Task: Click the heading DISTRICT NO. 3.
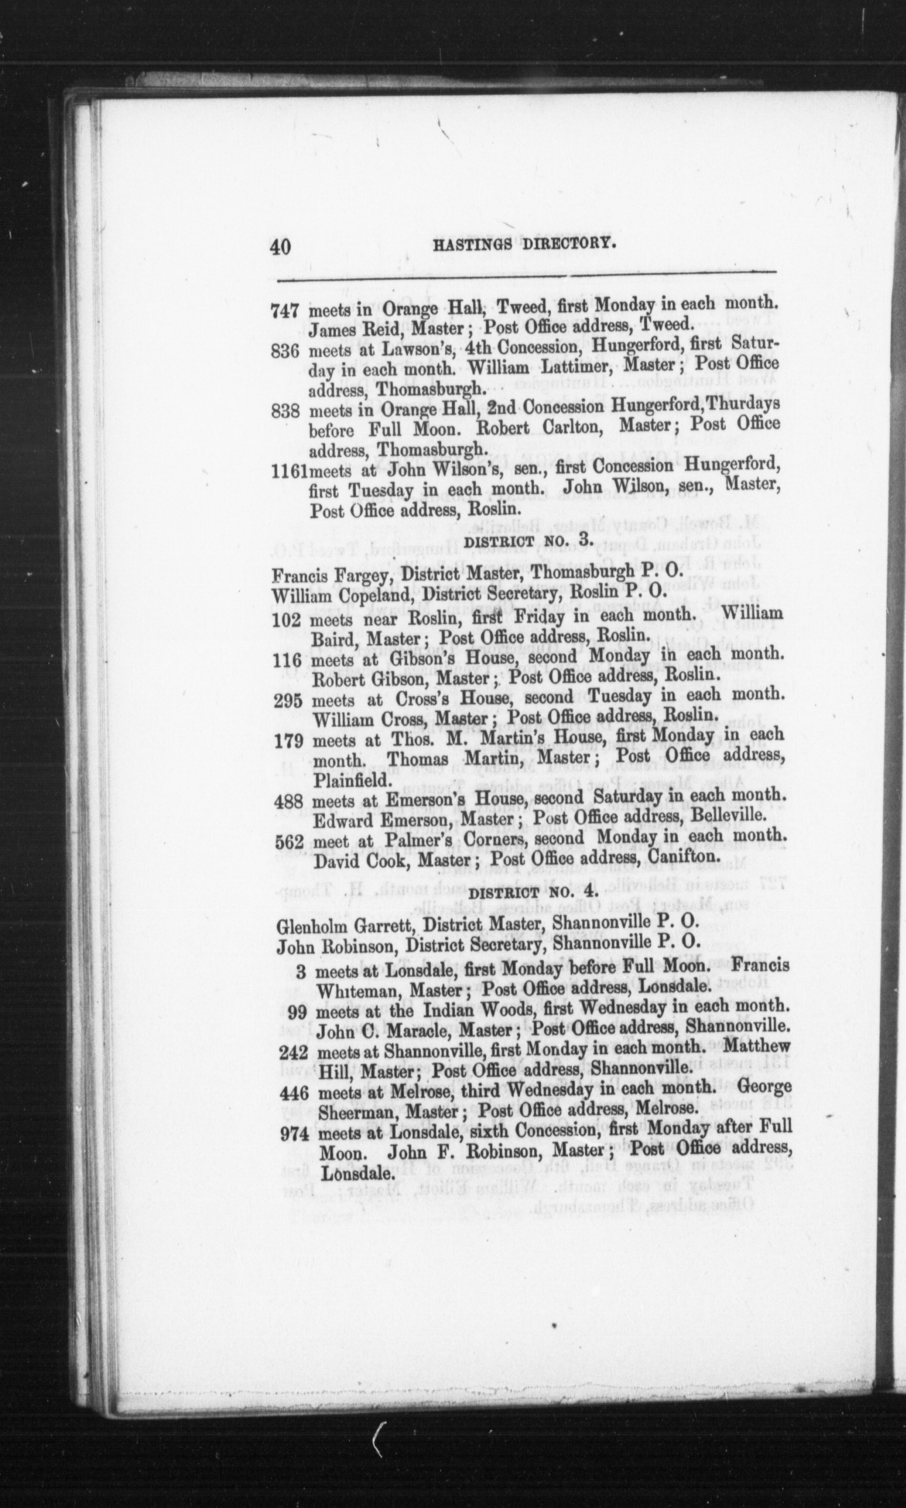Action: click(522, 542)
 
